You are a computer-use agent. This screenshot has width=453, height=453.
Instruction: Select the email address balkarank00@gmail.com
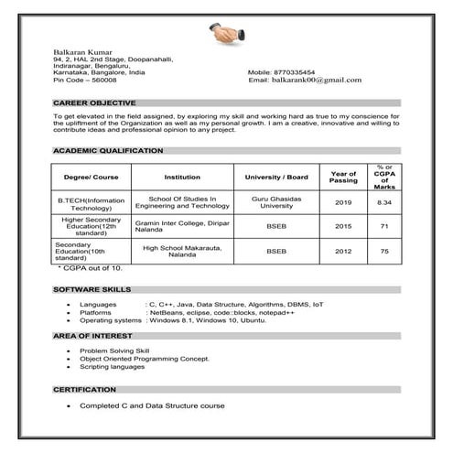317,80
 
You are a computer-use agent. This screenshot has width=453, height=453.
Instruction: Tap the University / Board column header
276,177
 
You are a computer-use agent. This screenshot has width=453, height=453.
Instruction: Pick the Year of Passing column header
343,177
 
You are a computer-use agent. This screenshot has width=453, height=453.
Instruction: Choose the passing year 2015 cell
343,226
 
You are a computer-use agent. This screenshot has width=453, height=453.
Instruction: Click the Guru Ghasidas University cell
276,202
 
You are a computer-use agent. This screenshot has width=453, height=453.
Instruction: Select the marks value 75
384,251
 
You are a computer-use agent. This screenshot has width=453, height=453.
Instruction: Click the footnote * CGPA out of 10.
90,267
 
